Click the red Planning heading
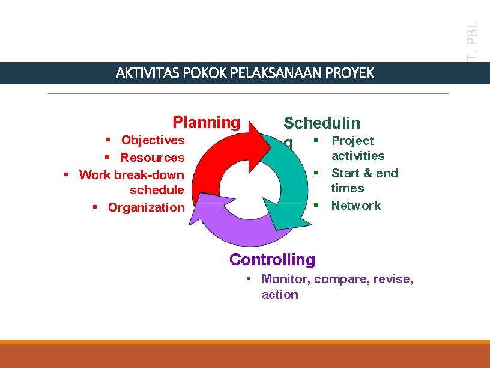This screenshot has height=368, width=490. tap(206, 123)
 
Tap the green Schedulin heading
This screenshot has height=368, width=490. tap(321, 123)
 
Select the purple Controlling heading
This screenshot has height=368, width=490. tap(272, 260)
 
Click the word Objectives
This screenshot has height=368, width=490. tap(153, 140)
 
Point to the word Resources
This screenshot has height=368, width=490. tap(153, 158)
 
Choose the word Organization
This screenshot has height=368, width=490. tap(146, 207)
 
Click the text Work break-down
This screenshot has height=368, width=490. tap(132, 175)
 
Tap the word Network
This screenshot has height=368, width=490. tap(355, 206)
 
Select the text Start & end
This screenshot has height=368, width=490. tap(364, 173)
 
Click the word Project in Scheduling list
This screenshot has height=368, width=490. tap(352, 141)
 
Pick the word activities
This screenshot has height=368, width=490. tap(358, 156)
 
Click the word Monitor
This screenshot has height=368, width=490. tap(283, 279)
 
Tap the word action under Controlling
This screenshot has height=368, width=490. tap(280, 295)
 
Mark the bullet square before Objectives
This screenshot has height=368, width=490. tap(107, 140)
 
